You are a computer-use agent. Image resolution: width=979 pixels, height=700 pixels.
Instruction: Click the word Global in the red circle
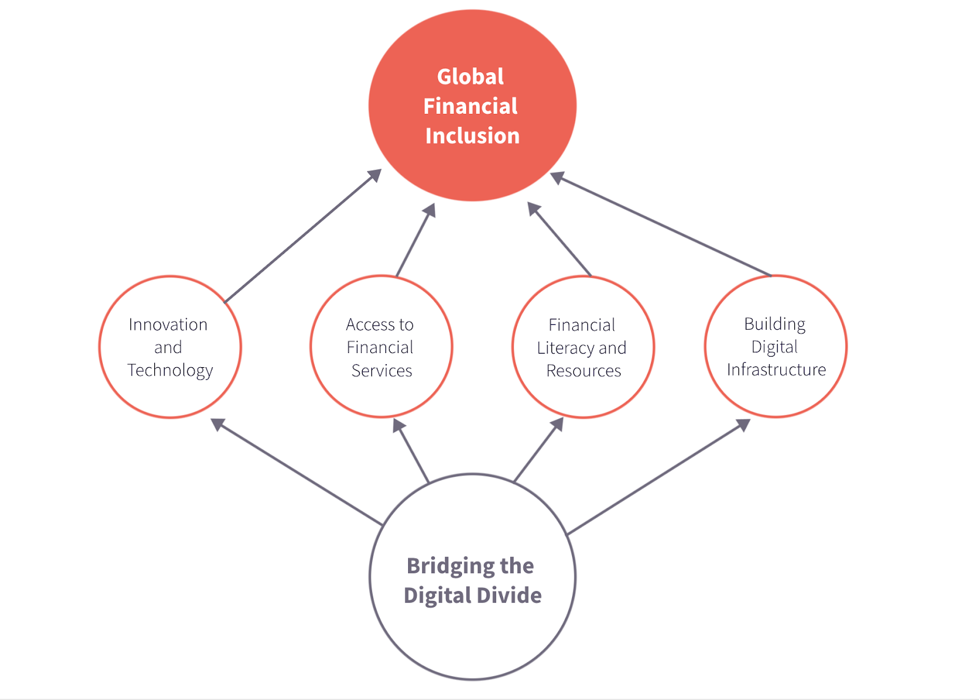pos(471,76)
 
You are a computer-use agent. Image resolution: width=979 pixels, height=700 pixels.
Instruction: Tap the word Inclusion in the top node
pos(472,135)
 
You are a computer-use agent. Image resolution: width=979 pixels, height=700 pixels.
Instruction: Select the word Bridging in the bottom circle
pos(450,567)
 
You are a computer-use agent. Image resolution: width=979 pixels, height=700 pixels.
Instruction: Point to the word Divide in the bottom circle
pos(509,595)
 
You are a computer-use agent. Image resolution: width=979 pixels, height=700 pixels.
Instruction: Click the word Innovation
pos(168,325)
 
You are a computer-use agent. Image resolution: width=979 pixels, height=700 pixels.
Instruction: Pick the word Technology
pos(170,371)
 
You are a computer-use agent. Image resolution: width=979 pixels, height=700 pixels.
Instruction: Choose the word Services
pos(382,371)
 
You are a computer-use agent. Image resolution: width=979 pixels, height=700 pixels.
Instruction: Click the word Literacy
pos(565,348)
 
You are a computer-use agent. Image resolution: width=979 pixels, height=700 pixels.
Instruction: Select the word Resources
pos(584,371)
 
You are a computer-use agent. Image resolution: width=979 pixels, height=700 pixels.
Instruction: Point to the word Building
pos(775,325)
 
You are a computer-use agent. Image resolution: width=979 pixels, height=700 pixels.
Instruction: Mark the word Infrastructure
pos(776,370)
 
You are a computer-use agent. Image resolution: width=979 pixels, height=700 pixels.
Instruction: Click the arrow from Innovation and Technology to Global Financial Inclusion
pos(302,236)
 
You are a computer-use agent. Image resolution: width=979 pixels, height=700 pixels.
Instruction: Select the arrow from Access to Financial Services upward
pos(415,239)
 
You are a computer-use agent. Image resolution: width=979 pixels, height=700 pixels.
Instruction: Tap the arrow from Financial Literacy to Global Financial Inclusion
pos(559,239)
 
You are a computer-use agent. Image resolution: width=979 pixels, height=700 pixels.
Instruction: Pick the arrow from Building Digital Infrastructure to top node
pos(660,224)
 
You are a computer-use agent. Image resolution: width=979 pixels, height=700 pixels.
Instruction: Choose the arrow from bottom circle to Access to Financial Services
pos(411,450)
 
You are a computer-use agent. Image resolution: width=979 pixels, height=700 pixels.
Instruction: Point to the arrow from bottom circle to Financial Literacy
pos(538,450)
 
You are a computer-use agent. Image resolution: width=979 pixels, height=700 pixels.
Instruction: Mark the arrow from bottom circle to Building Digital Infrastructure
pos(658,477)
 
